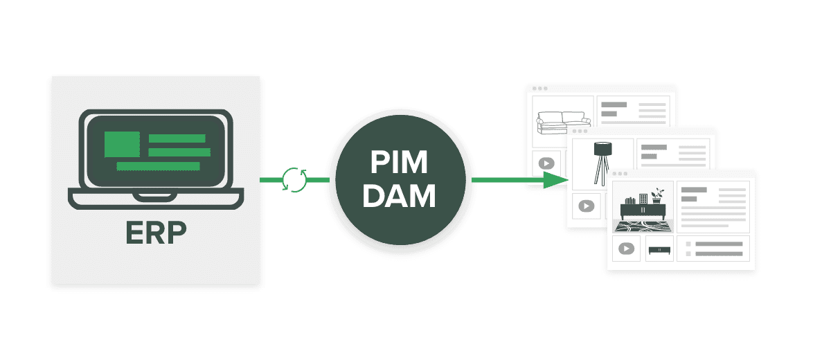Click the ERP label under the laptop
point(156,233)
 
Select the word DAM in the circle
point(399,196)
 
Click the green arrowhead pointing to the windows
point(554,180)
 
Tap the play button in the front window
point(627,249)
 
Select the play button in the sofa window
point(546,163)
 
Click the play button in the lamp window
point(586,206)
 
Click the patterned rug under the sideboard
point(642,225)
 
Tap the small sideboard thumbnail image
point(659,249)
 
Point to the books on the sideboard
point(629,201)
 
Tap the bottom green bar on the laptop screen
point(158,166)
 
